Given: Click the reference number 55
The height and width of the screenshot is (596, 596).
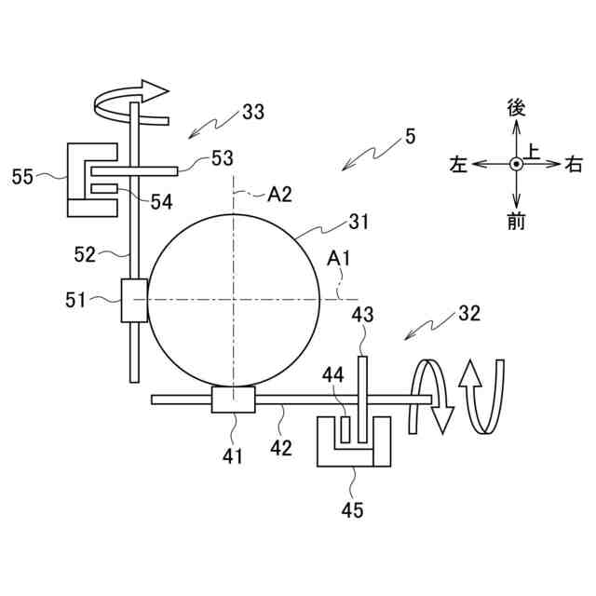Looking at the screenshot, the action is [22, 177].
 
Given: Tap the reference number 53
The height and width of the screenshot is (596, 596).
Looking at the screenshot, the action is [223, 157].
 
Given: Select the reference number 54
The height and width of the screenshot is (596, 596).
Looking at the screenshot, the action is [161, 202].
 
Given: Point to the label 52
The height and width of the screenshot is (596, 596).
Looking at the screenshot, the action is [85, 254].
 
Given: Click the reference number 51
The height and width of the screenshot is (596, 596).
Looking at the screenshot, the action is [75, 300].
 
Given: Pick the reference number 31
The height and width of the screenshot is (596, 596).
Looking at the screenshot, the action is [359, 222].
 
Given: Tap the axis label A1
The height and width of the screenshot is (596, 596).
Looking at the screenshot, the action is [338, 259].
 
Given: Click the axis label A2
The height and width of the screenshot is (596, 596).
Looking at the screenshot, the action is [279, 195].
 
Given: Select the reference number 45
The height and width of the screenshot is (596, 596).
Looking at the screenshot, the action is [352, 509].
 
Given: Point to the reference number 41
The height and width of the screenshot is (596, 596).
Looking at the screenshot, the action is [232, 455].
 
